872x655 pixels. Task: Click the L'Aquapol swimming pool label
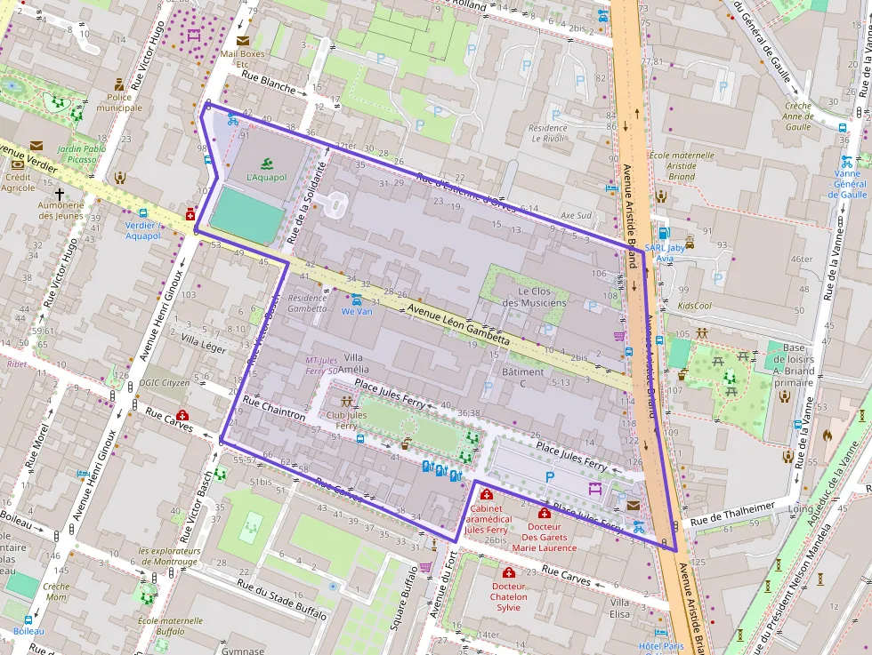pos(267,177)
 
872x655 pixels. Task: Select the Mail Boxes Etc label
pos(242,59)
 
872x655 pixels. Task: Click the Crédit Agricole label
pos(18,182)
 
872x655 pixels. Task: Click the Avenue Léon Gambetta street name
pos(458,324)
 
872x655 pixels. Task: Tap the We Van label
pos(357,311)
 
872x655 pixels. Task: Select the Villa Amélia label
pos(356,362)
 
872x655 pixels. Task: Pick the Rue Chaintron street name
pos(274,409)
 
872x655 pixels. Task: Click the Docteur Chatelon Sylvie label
pos(508,596)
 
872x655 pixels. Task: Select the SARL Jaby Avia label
pos(665,253)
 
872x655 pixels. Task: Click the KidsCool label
pos(694,305)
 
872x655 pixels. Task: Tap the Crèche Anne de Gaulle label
pos(798,116)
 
